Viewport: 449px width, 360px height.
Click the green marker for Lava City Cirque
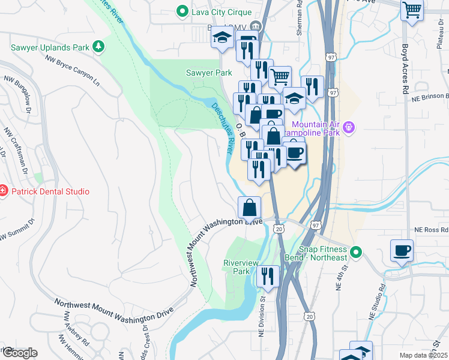coord(181,11)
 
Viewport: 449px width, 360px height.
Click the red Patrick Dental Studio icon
coord(2,191)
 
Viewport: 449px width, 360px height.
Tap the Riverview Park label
coord(241,267)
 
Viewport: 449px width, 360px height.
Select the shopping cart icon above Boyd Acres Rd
coord(412,9)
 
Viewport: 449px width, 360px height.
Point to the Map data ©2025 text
coord(424,355)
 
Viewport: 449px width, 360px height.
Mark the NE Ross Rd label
coord(431,230)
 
